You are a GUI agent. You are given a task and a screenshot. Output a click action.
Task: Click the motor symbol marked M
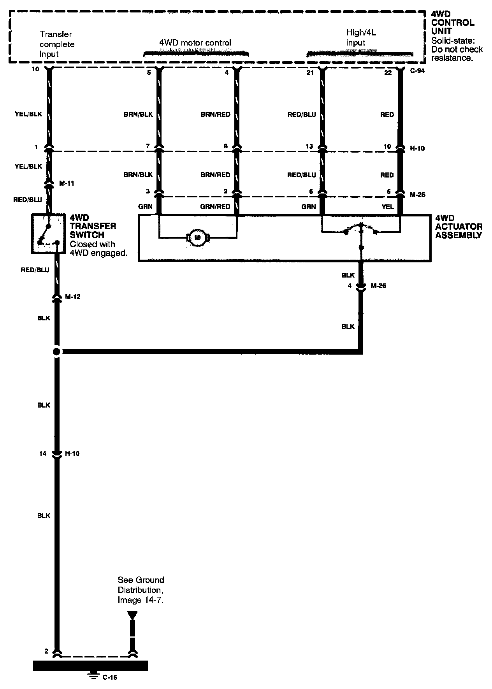coord(198,237)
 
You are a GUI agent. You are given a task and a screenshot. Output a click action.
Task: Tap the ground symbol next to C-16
coord(93,676)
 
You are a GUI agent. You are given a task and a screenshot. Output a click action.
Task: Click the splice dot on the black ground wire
coord(57,352)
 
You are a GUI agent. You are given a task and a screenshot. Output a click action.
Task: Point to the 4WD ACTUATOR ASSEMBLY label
coord(459,227)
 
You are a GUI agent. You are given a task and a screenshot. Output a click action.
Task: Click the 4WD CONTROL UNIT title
coord(453,23)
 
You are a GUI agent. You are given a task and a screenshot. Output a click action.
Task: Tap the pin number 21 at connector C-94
coord(309,72)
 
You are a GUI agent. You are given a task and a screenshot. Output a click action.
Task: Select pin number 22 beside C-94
coord(388,72)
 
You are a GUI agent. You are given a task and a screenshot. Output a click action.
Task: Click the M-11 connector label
coord(66,183)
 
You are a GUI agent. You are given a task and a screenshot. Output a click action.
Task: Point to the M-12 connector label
coord(72,297)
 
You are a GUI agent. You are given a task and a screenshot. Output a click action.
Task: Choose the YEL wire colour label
coord(388,207)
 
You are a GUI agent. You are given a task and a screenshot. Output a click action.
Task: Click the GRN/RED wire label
coord(215,207)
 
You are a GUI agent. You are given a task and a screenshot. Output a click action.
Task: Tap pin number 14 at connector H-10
coord(43,453)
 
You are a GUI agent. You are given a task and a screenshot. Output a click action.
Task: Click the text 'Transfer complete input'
coord(57,44)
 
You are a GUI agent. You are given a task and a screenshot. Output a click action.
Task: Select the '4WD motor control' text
coord(195,43)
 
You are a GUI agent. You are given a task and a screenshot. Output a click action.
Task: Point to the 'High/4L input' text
coord(361,37)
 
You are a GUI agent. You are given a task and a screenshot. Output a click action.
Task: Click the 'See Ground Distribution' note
coord(141,590)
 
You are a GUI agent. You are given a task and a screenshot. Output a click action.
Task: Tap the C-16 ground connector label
coord(110,677)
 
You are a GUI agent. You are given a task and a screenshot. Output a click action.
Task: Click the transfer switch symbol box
coord(48,234)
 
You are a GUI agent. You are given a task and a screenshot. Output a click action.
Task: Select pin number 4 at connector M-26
coord(350,286)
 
